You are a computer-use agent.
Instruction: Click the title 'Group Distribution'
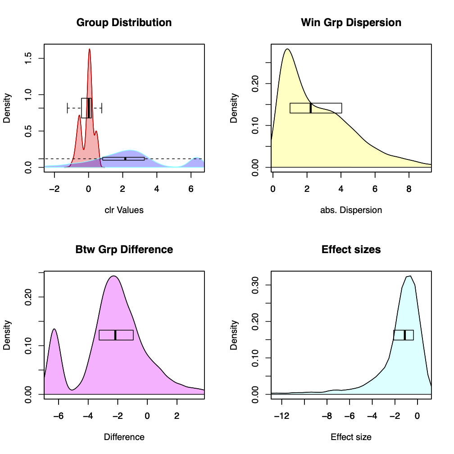pos(124,23)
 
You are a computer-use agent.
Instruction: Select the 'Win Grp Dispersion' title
pos(351,23)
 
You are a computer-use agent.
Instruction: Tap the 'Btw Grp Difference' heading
pos(124,250)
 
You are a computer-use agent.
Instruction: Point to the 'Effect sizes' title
pos(351,250)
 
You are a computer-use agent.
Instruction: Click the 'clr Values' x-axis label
pos(124,210)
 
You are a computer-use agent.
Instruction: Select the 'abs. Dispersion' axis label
pos(351,210)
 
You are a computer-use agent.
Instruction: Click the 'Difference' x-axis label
pos(124,437)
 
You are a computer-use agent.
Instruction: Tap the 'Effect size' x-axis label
pos(351,437)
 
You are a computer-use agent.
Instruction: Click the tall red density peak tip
pos(90,49)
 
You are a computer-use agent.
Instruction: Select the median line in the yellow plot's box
pos(311,108)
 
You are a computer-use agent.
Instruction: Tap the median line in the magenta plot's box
pos(115,335)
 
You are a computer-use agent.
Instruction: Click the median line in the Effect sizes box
pos(404,335)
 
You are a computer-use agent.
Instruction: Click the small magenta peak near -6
pos(54,329)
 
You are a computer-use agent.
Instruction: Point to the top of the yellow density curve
pos(287,49)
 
